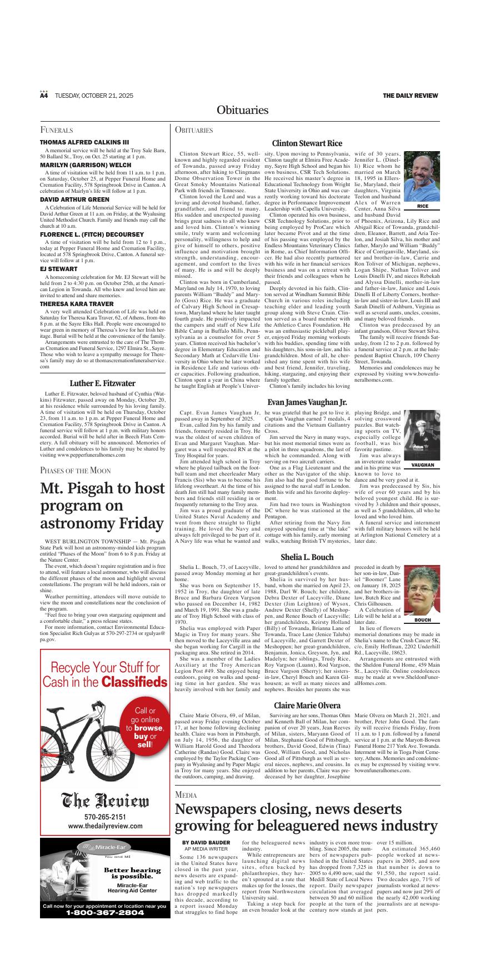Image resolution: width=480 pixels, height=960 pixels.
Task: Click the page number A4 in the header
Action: pyautogui.click(x=44, y=96)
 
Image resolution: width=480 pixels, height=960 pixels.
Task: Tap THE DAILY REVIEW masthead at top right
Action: pyautogui.click(x=410, y=96)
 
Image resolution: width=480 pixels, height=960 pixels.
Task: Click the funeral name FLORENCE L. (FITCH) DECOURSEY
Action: pyautogui.click(x=92, y=234)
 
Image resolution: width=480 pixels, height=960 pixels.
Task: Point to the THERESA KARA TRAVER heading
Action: pyautogui.click(x=76, y=304)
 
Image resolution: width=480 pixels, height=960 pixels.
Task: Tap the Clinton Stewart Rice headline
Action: pyautogui.click(x=307, y=143)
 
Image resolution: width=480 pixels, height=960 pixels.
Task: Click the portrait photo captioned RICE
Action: pyautogui.click(x=422, y=177)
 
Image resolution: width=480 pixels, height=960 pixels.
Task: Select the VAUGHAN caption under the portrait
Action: pyautogui.click(x=422, y=464)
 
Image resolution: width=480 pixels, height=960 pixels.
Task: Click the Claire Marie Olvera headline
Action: pyautogui.click(x=307, y=705)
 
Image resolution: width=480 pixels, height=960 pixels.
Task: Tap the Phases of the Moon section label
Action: pyautogui.click(x=76, y=471)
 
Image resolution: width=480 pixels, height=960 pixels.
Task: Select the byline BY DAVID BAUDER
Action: pyautogui.click(x=206, y=843)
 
